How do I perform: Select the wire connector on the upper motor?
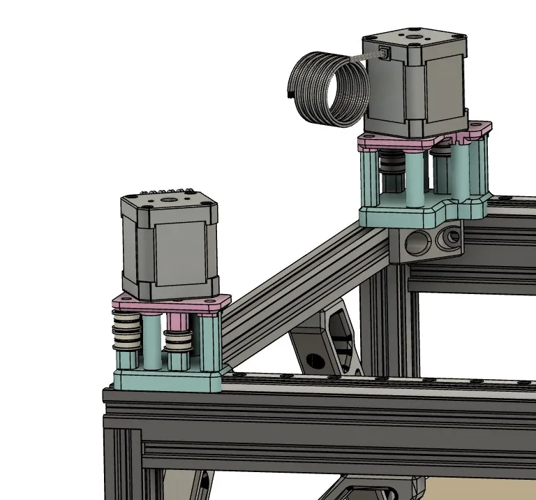(x=385, y=52)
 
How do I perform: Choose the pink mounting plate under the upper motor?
(x=419, y=144)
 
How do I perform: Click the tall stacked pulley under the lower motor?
(x=126, y=334)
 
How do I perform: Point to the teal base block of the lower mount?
(x=167, y=381)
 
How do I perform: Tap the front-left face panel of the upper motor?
(x=391, y=94)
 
